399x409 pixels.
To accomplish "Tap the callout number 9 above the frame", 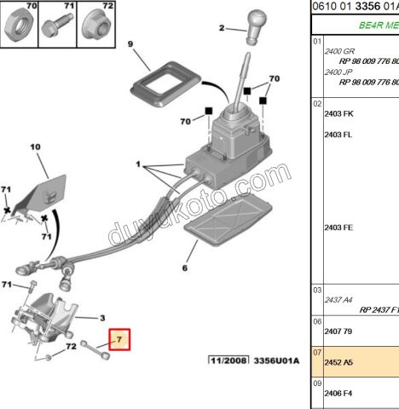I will coord(130,43).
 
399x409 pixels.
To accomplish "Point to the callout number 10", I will coord(36,147).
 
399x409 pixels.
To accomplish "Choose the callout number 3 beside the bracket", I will coord(102,316).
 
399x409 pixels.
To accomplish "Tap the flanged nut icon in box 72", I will coord(96,26).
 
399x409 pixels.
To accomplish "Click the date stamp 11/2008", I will coord(228,361).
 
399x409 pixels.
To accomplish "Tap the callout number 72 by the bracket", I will coord(72,347).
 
